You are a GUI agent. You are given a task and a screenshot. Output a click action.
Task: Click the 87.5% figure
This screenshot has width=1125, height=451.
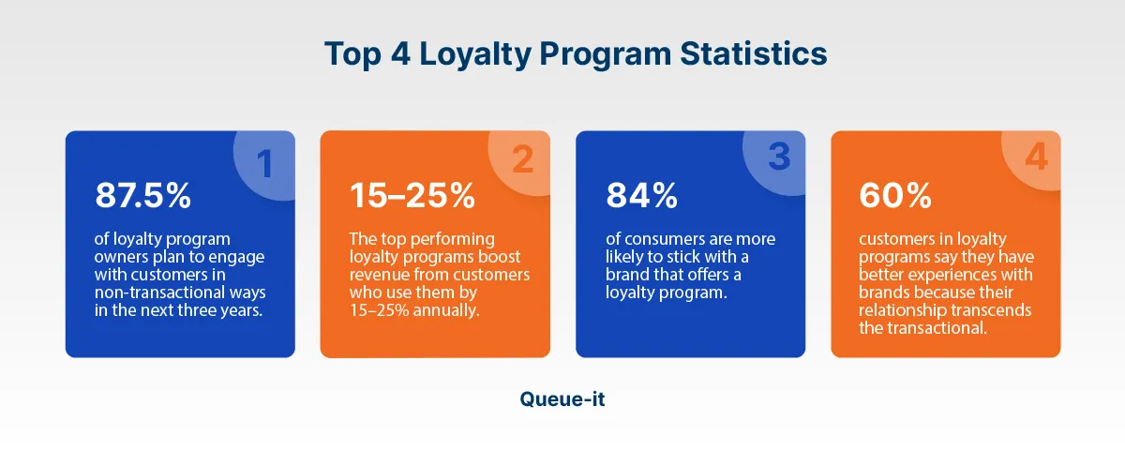click(142, 195)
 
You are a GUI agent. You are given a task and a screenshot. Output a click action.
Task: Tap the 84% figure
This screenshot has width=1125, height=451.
click(642, 195)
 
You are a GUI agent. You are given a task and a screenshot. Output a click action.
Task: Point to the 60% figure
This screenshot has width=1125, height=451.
click(895, 195)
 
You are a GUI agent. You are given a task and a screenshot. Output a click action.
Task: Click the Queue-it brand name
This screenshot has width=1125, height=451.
click(562, 398)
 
